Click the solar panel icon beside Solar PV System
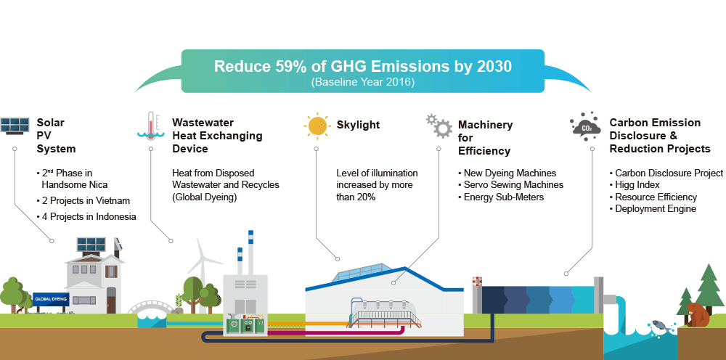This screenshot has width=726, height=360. tap(15, 126)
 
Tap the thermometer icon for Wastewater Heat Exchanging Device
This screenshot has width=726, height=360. tap(151, 126)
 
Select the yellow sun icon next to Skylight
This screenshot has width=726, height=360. tap(317, 126)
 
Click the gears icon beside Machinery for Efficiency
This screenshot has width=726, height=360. tap(439, 126)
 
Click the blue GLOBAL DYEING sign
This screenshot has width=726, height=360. tap(51, 299)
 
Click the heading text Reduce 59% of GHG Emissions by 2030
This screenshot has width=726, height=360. tap(362, 66)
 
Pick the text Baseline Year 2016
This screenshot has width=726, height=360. tap(362, 82)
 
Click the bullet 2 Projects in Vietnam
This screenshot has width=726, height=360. tap(83, 201)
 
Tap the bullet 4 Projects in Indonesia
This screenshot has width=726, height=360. tap(86, 216)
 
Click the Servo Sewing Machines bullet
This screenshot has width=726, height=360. tap(510, 184)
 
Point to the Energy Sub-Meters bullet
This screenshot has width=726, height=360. tap(501, 197)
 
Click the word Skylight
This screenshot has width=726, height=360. tap(358, 125)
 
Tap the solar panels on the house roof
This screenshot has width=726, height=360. tap(91, 245)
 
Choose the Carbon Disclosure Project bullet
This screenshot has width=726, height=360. tap(666, 173)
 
